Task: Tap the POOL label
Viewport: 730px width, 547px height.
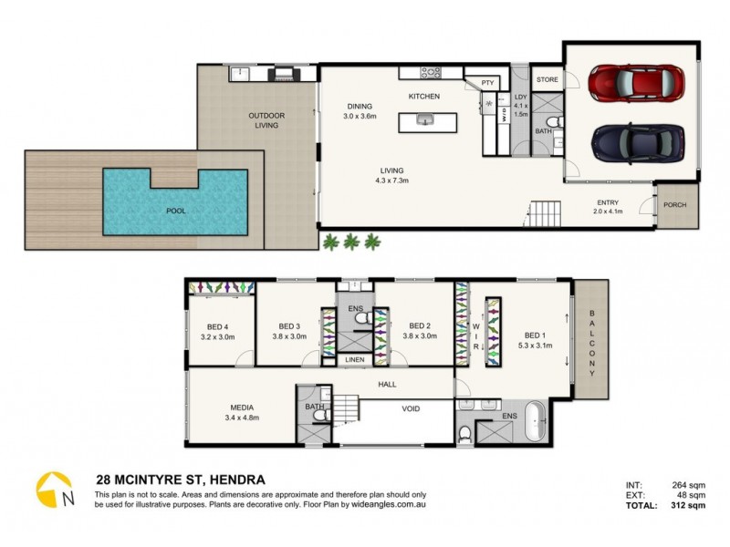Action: (176, 211)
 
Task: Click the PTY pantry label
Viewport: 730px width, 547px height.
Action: (487, 83)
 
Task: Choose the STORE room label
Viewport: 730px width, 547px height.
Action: (547, 79)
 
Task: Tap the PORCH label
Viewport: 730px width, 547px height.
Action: (675, 205)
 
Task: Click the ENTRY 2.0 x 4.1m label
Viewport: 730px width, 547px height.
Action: (609, 208)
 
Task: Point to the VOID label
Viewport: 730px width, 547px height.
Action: (412, 408)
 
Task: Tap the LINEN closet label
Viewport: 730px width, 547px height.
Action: (355, 360)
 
